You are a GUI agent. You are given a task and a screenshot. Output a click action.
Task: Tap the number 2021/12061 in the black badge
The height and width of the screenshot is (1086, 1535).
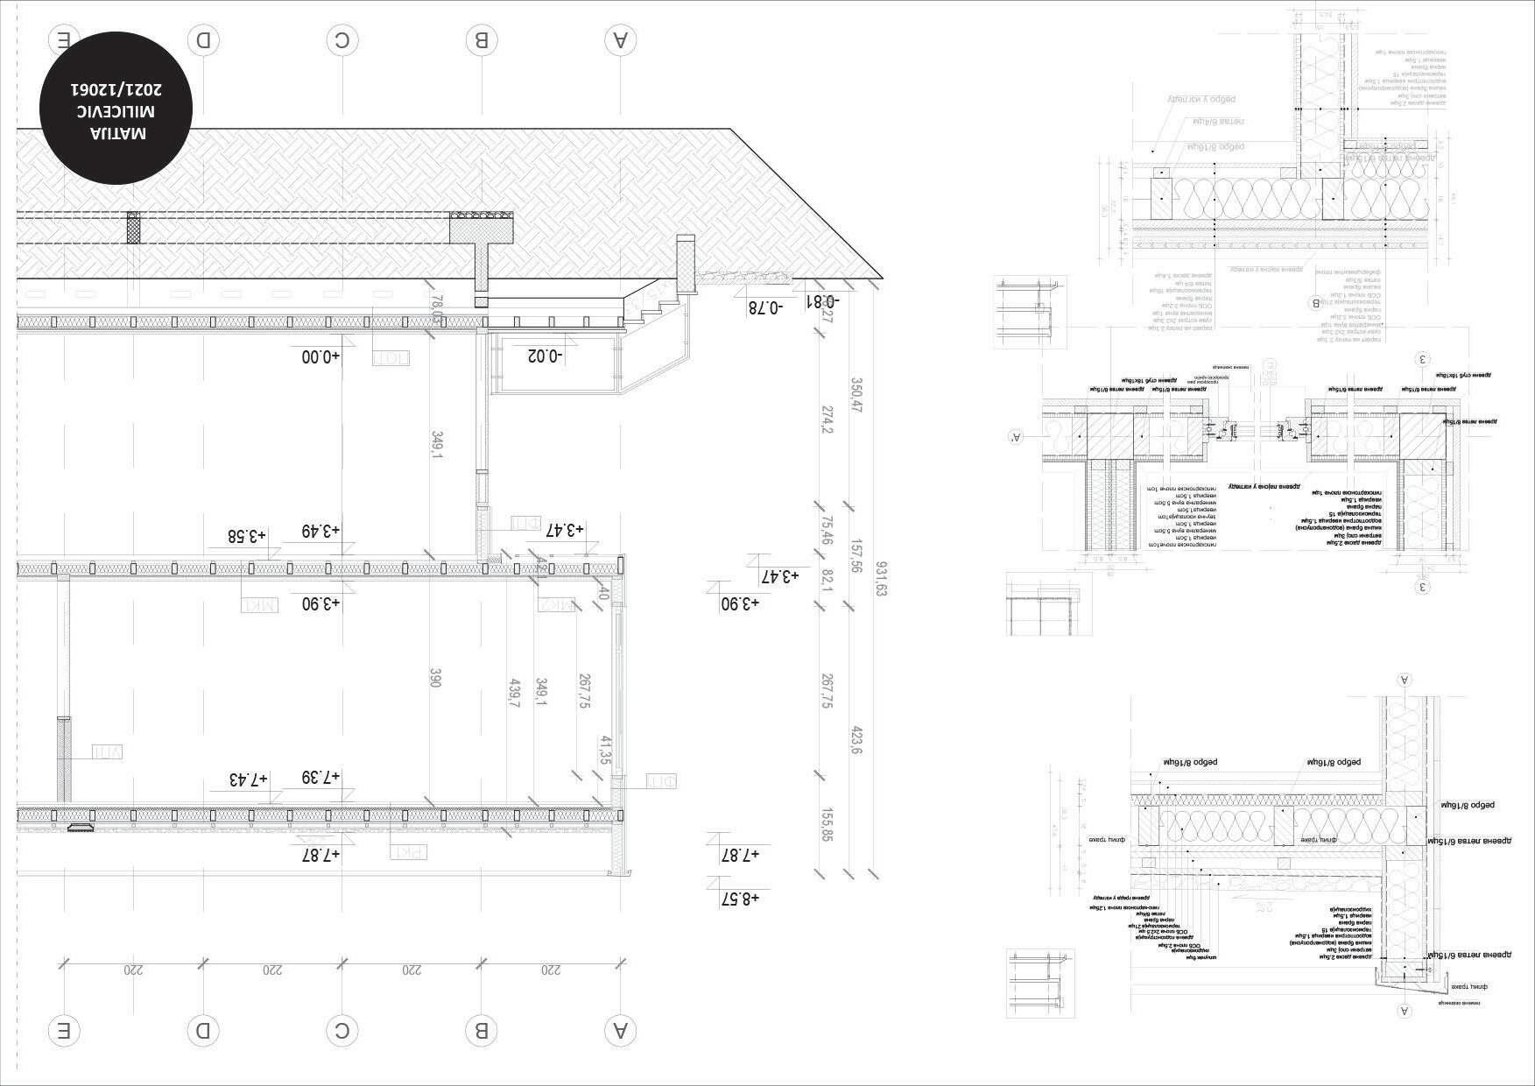point(116,89)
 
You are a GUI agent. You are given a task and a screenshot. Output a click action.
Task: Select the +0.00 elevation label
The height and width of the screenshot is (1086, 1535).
point(320,357)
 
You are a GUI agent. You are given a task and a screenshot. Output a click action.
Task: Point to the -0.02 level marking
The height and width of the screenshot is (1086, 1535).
point(546,356)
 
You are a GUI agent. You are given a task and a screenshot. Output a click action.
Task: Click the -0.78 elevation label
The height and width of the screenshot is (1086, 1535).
point(765,307)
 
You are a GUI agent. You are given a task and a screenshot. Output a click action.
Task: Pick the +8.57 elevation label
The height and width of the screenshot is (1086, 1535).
point(740,899)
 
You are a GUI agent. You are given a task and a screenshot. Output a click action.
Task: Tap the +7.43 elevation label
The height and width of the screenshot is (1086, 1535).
point(249,779)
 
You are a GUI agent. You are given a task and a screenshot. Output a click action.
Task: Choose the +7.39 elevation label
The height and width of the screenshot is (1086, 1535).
point(320,777)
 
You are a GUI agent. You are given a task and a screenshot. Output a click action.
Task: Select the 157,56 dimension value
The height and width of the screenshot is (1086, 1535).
point(856,556)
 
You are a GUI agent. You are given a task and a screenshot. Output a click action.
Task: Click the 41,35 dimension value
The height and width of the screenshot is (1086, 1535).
point(605,751)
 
